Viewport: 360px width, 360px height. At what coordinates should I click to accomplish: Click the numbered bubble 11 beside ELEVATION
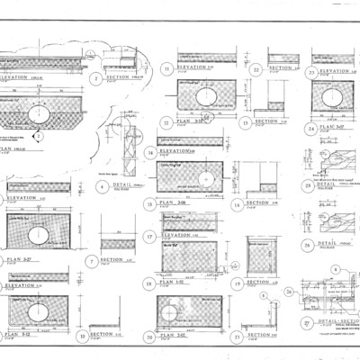click(x=166, y=68)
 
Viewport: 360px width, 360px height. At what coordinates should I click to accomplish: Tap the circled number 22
click(x=257, y=69)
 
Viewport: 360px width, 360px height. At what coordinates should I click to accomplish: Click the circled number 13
click(x=245, y=121)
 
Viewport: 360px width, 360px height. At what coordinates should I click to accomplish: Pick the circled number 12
click(x=166, y=121)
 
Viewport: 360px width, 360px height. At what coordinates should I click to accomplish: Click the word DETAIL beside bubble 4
click(x=119, y=187)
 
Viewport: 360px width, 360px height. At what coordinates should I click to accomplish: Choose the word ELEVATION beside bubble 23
click(x=335, y=70)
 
